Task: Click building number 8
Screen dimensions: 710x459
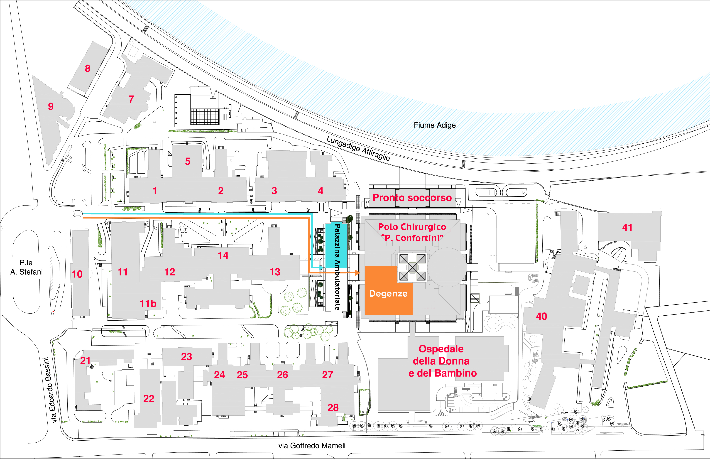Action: tap(87, 68)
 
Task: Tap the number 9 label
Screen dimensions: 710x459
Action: tap(51, 106)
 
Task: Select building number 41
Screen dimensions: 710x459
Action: tap(627, 228)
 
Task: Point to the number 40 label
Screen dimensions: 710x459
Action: tap(541, 316)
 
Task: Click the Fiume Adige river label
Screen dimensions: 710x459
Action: tap(435, 125)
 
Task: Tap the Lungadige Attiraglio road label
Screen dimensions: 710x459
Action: tap(358, 148)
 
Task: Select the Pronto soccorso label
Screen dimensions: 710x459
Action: tap(412, 198)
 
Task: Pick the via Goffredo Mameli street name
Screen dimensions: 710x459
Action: tap(312, 446)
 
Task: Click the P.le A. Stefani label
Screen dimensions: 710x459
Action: tap(26, 267)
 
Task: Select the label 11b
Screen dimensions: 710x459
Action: tap(148, 304)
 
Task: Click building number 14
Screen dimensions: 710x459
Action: tap(223, 256)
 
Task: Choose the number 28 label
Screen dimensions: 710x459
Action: tap(333, 408)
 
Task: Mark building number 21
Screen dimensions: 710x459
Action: tap(85, 361)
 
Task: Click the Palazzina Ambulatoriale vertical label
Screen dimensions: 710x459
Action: tap(337, 267)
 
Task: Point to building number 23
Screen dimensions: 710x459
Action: tap(186, 357)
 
